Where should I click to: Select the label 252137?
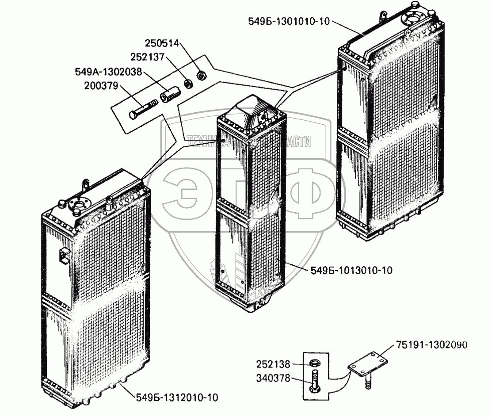[147, 57]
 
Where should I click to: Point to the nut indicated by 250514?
[200, 75]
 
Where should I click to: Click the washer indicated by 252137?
[187, 83]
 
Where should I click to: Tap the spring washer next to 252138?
[315, 363]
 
